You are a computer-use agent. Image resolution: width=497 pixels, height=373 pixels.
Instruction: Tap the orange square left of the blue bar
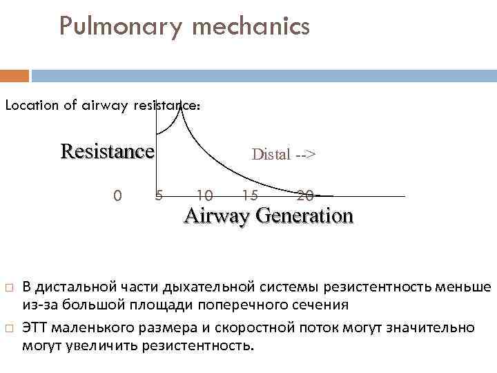(x=14, y=75)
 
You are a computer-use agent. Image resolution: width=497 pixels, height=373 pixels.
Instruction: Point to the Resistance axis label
(x=107, y=151)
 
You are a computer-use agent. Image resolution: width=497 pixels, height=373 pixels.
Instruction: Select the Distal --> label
(x=284, y=154)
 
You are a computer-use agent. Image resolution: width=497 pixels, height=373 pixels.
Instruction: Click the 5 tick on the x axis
(x=158, y=196)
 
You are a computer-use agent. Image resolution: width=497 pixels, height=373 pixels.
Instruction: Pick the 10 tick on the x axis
(x=204, y=196)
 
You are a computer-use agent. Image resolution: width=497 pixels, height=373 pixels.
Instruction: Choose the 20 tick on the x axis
(x=304, y=196)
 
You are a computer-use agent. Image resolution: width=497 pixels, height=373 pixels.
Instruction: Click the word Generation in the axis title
(x=304, y=216)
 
